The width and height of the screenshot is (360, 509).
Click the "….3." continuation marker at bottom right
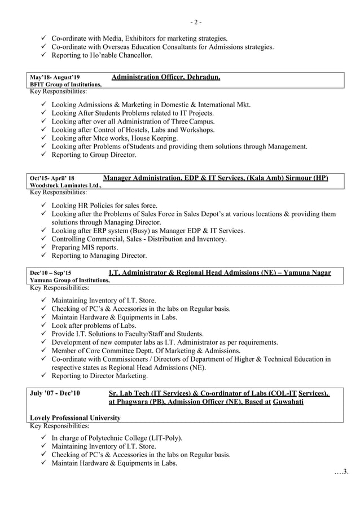342,471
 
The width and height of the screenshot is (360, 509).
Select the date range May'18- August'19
55,77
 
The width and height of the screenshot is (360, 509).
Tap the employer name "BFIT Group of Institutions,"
65,85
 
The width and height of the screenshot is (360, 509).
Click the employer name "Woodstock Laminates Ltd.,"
65,186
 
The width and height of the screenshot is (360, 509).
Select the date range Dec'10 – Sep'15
51,273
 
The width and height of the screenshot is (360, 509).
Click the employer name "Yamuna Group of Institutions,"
69,280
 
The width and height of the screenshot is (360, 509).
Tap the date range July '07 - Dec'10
55,393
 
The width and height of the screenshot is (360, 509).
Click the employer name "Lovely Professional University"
74,418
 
